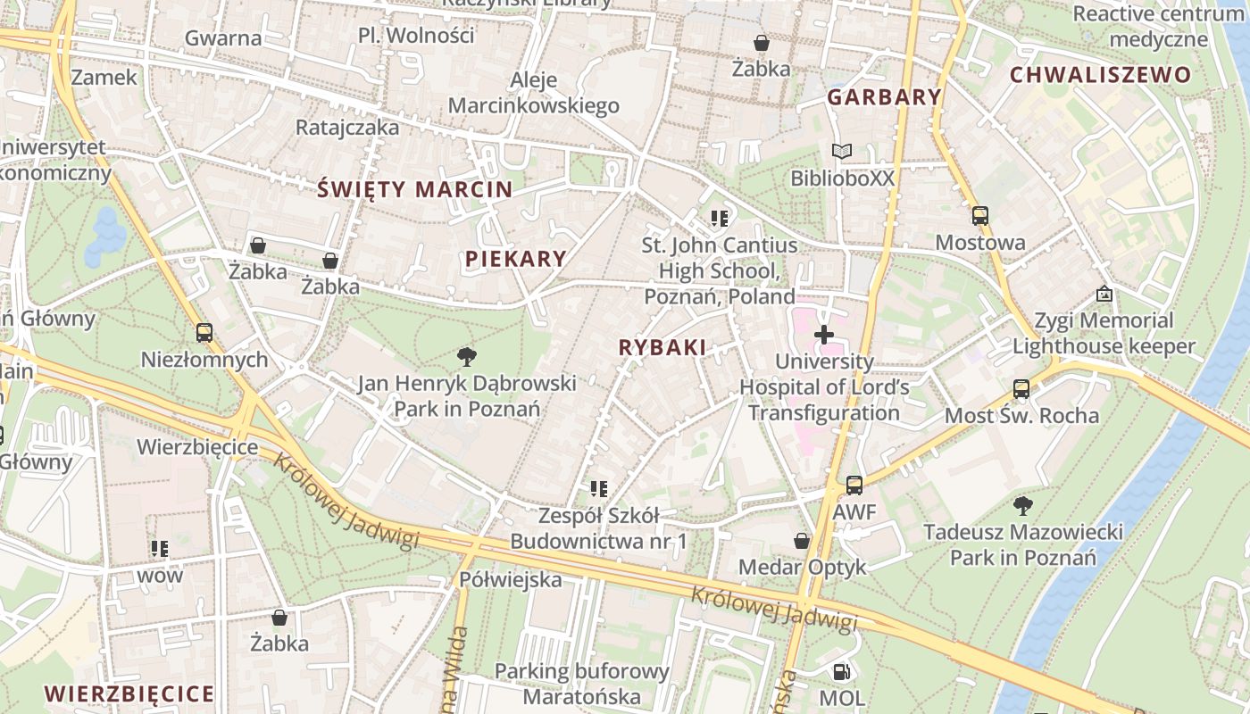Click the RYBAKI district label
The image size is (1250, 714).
[662, 348]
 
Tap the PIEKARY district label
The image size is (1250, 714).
[515, 259]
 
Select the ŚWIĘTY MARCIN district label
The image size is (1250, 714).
[415, 189]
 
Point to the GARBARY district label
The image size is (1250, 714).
[884, 97]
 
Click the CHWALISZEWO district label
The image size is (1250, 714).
[1100, 75]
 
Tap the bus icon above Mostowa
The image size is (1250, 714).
[979, 216]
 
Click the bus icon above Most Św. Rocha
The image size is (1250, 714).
[1021, 389]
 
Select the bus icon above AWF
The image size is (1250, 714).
[854, 486]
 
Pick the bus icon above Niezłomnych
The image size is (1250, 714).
[204, 333]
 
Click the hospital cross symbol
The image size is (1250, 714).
[824, 336]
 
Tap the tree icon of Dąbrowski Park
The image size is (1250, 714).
[466, 358]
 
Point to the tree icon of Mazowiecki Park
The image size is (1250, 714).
[1023, 506]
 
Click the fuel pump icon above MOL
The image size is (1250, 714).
[841, 672]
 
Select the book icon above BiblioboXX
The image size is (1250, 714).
[841, 152]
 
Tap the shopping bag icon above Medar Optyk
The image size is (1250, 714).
[802, 541]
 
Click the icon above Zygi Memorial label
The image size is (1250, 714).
[1104, 294]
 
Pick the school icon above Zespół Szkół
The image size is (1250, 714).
[598, 489]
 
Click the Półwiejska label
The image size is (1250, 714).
[511, 579]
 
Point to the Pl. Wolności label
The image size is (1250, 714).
[415, 36]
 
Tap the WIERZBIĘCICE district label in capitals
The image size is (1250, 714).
[129, 693]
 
